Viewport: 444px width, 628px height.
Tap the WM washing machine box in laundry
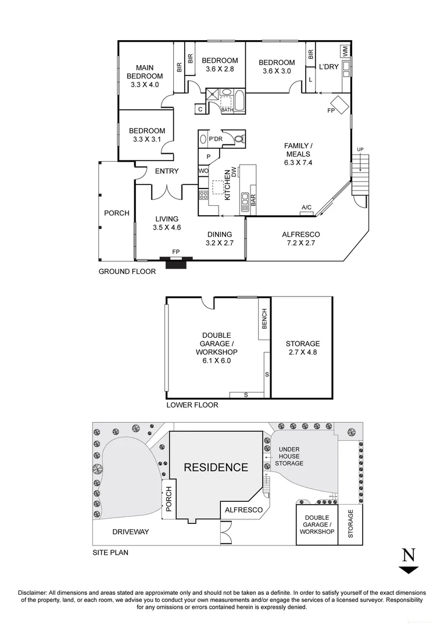tap(345, 51)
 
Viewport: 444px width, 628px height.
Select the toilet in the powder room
tap(239, 139)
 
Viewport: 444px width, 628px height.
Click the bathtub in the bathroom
tap(239, 100)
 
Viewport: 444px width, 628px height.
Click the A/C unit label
tap(307, 207)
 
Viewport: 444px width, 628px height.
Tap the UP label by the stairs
tap(360, 150)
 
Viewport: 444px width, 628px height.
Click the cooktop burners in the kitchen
tap(203, 195)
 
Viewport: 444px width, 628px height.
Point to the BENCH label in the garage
tap(264, 319)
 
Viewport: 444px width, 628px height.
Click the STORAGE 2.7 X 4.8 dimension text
tap(303, 352)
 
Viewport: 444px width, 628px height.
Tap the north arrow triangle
tap(409, 569)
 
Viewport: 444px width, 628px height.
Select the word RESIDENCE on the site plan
tap(216, 468)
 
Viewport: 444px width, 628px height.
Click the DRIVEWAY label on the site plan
tap(131, 532)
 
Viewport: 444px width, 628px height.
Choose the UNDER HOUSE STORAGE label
tap(289, 456)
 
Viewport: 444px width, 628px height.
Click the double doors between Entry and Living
tap(167, 191)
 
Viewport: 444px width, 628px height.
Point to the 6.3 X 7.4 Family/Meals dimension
tap(298, 163)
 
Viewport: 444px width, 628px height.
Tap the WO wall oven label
tap(203, 171)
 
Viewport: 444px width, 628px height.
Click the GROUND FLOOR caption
tap(127, 272)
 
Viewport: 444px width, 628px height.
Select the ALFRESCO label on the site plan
tap(244, 510)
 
